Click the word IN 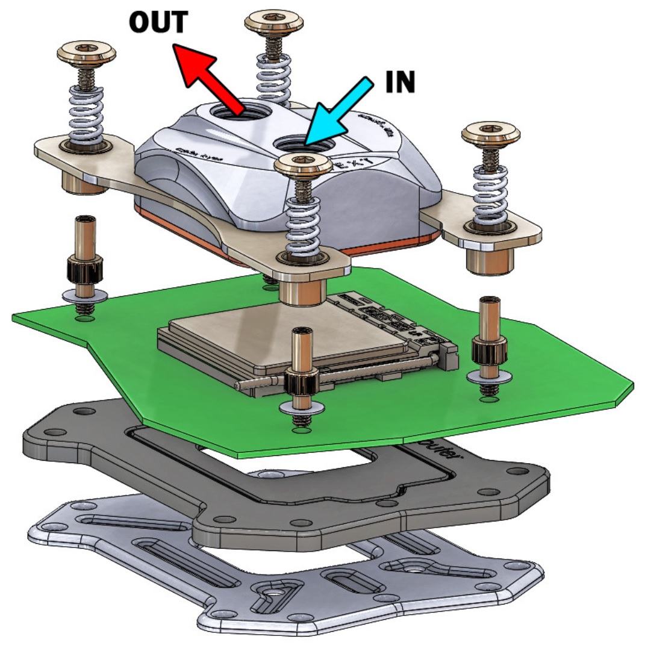click(x=400, y=83)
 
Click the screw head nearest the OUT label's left click(x=86, y=53)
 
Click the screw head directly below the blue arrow click(x=303, y=163)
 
